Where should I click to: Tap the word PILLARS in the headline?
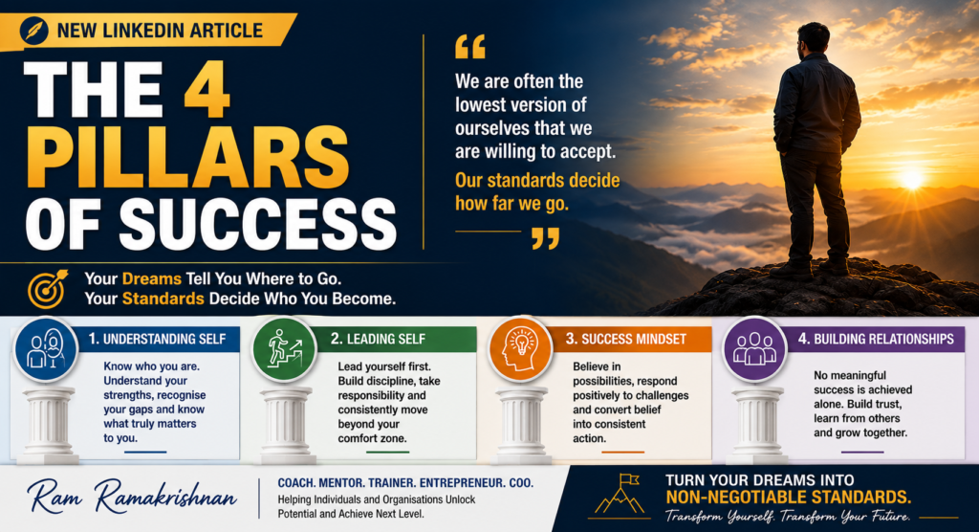(x=194, y=158)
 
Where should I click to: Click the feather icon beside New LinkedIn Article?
(x=33, y=31)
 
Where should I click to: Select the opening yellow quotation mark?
(x=470, y=47)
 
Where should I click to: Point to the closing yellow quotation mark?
(x=546, y=238)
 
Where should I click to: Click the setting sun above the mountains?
(x=911, y=180)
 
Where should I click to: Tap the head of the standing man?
(x=814, y=40)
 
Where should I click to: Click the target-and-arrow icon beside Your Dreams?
(x=48, y=289)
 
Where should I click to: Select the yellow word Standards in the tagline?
(x=163, y=299)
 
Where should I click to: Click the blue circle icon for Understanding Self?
(x=46, y=349)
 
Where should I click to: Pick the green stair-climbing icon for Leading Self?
(x=284, y=349)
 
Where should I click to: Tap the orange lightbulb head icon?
(x=520, y=349)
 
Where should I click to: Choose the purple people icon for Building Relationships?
(x=755, y=349)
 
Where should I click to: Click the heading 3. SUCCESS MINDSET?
(x=625, y=339)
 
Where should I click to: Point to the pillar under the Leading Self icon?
(x=286, y=425)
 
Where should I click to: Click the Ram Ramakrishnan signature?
(x=132, y=497)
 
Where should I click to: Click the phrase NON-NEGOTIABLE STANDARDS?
(x=789, y=498)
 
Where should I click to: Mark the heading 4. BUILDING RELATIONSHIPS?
(x=876, y=339)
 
